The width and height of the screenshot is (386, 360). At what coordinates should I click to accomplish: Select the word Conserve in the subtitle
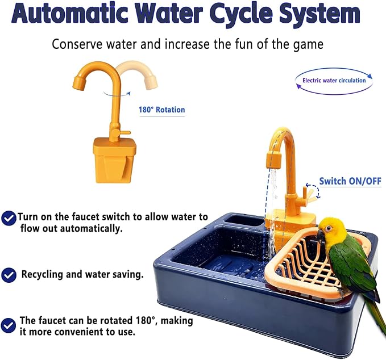tap(77, 44)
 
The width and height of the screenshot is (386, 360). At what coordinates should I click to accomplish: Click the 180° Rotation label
tap(161, 110)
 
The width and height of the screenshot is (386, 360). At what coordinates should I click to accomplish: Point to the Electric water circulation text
tap(334, 81)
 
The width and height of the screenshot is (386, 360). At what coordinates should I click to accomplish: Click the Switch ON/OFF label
tap(350, 181)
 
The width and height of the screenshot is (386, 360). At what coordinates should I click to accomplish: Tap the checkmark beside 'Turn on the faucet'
tap(9, 218)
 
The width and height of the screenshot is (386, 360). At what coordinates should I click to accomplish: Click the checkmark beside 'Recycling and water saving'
tap(9, 275)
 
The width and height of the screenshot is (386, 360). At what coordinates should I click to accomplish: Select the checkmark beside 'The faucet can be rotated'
tap(9, 325)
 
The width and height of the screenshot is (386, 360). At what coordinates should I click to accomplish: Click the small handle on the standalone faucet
tap(116, 134)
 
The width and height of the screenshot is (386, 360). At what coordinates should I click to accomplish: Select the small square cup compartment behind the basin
tap(243, 220)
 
